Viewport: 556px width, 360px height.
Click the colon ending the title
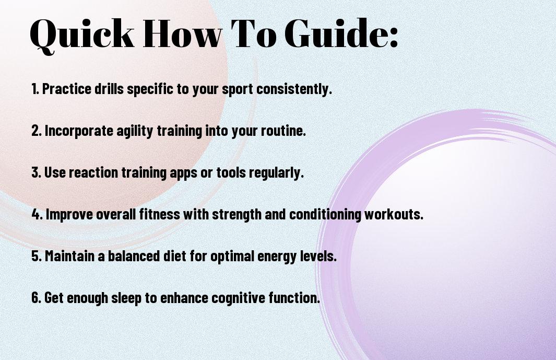pos(394,37)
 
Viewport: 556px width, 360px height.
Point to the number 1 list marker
pos(35,89)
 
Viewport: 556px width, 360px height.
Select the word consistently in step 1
pos(294,89)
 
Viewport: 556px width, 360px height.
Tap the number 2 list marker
pos(37,131)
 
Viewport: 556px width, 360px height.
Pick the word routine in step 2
pos(283,131)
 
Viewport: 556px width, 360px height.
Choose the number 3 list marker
pos(36,172)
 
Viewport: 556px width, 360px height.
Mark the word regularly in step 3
pos(276,173)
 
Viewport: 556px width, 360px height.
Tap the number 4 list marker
pos(37,214)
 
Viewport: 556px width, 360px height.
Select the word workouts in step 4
pos(394,214)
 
